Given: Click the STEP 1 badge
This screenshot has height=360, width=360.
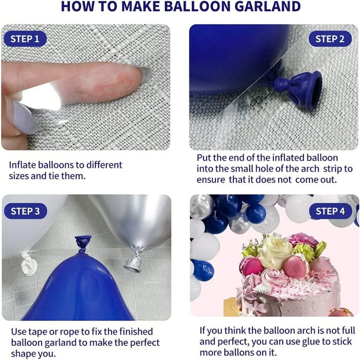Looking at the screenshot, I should coord(25,39).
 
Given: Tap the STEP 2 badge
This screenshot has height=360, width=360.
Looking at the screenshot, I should coord(330,39).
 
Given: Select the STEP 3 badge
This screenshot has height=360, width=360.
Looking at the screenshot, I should coord(25,211).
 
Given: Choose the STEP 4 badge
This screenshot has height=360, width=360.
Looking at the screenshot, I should coord(330,211).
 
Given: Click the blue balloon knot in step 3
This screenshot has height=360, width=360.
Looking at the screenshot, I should coord(82,242).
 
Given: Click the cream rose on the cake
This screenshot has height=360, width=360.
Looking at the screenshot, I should coord(275,253).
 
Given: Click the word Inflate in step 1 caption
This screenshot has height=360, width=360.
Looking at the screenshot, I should coord(23,165).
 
